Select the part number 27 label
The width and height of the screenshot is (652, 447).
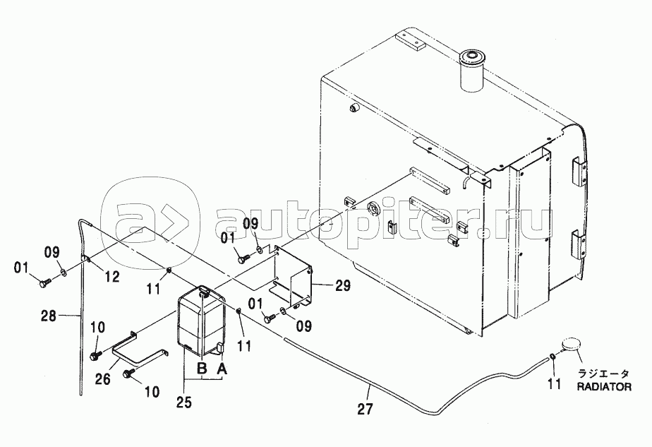tap(365, 409)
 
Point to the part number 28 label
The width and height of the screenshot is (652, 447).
tap(48, 316)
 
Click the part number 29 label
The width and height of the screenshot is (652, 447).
tap(342, 285)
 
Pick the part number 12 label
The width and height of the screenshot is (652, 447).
tap(112, 276)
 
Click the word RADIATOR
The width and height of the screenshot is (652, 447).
tap(604, 387)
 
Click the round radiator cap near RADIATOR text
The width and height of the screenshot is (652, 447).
tap(570, 345)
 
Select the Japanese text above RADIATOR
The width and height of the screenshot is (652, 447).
tap(604, 374)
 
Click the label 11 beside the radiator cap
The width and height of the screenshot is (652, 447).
tap(555, 383)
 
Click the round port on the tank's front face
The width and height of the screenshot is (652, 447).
tap(373, 208)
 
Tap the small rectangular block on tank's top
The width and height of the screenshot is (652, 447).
tap(411, 40)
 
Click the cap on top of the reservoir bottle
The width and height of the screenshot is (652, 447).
tap(204, 292)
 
